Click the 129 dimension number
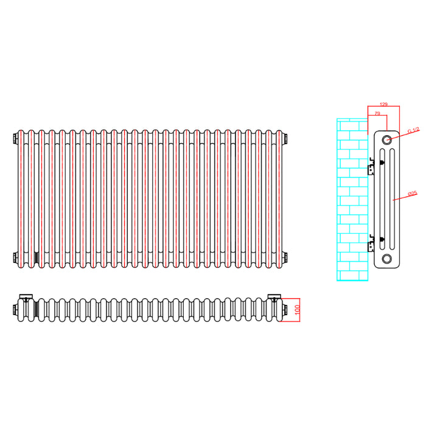383,104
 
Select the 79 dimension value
377,113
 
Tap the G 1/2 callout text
413,131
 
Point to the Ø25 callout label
413,194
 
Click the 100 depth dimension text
297,310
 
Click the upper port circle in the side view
386,140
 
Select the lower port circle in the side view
386,259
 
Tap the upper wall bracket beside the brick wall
371,166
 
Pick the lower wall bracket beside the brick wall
371,244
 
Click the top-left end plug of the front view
15,139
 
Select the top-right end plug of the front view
285,139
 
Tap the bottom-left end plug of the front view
15,257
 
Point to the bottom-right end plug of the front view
285,257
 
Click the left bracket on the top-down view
26,296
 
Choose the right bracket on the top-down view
274,296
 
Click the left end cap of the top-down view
15,310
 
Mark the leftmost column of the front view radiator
21,199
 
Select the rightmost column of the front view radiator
279,199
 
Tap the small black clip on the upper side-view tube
382,162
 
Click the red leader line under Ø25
405,198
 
